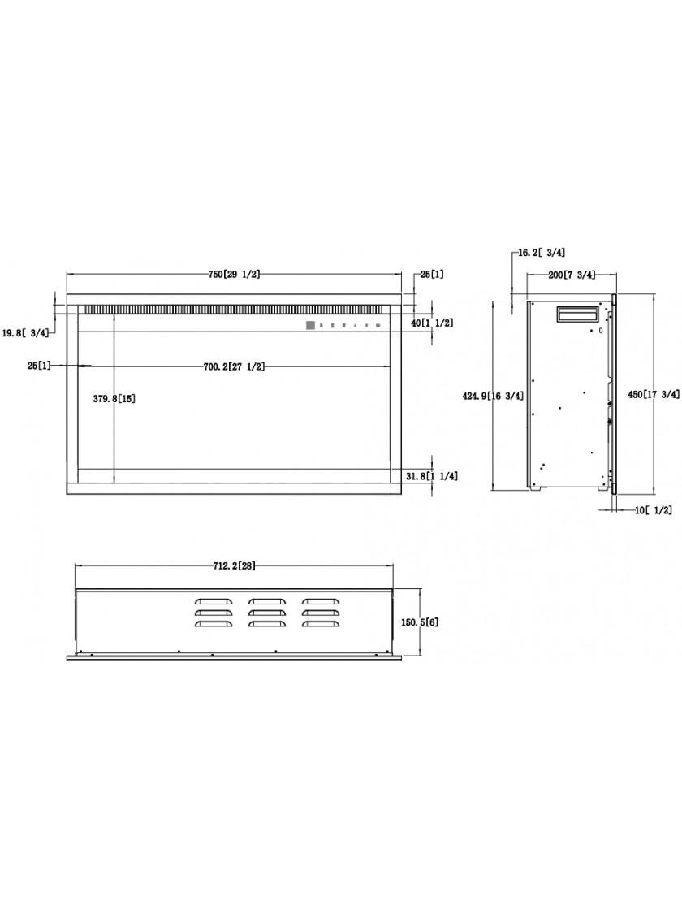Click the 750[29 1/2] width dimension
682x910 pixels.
235,275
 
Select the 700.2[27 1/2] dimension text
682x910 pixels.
235,366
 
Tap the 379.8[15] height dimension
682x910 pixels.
114,399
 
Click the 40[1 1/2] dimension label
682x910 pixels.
432,323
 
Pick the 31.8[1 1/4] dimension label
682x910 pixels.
431,476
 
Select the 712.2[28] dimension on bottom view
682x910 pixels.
235,566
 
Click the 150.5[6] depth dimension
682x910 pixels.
420,622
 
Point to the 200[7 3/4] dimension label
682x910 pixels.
572,275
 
